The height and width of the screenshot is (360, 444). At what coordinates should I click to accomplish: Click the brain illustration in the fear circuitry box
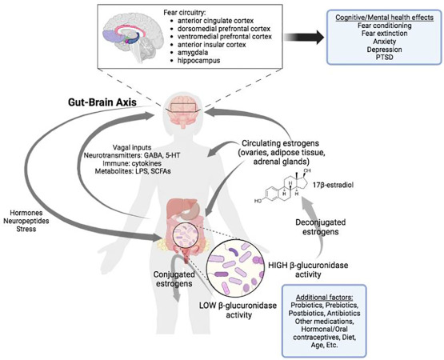pyautogui.click(x=129, y=41)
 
